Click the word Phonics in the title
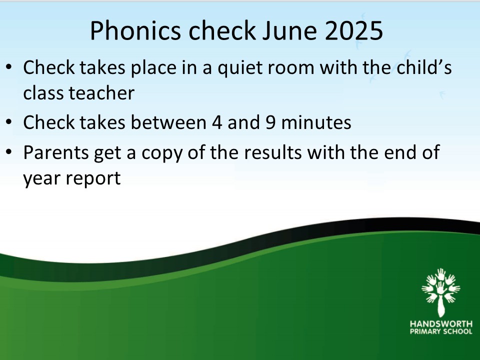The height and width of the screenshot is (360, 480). coord(135,30)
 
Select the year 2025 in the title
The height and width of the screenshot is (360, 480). coord(353,30)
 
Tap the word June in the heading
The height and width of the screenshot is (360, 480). coord(289,30)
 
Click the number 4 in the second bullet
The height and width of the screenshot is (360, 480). coord(216,122)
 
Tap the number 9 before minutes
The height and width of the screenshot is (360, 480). coord(270,122)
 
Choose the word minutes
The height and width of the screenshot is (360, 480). coord(316,122)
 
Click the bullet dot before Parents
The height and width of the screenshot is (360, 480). coord(9,151)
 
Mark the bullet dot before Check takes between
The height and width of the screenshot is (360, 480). coord(9,122)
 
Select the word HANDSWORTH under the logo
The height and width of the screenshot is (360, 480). coord(441,324)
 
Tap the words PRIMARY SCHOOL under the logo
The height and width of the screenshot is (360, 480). coord(441,331)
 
